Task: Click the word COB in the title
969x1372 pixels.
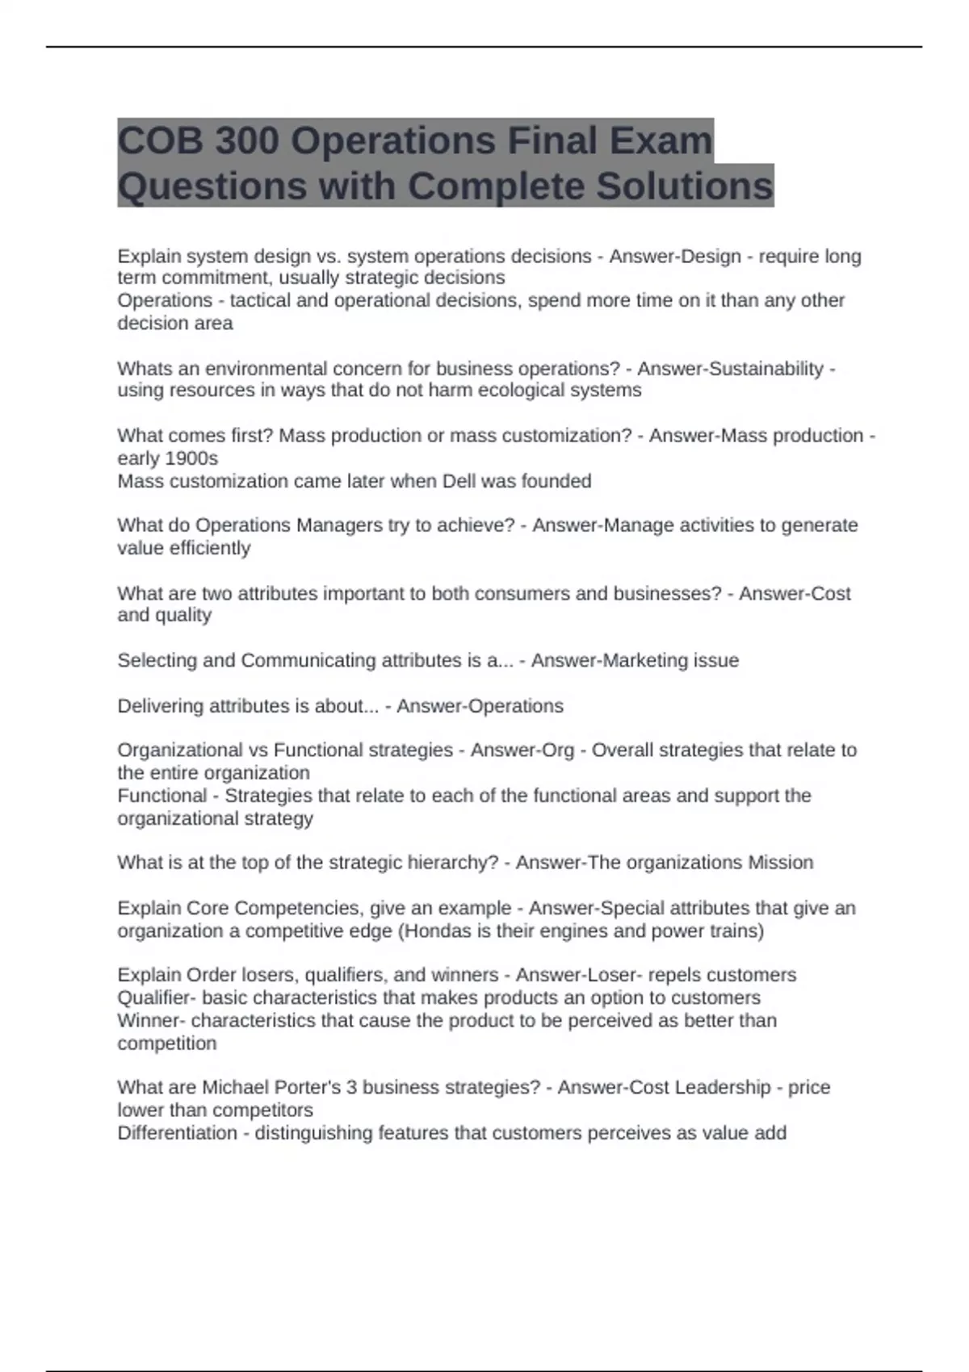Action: point(158,141)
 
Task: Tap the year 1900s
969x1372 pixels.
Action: point(191,458)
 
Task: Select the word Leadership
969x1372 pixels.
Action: point(723,1087)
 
